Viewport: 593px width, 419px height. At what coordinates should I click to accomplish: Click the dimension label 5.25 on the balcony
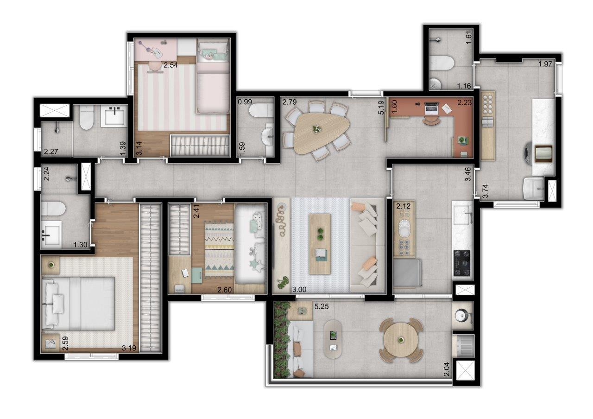[x=322, y=306]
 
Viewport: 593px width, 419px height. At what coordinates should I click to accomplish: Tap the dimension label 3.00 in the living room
[x=299, y=290]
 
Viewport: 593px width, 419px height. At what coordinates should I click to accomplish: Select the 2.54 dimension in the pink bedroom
[x=170, y=65]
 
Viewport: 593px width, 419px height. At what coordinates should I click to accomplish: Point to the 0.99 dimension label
[x=245, y=102]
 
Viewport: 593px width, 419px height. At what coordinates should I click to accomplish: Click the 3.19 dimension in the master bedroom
[x=129, y=348]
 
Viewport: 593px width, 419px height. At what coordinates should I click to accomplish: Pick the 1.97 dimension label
[x=545, y=64]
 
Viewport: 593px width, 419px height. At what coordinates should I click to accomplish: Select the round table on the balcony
[x=401, y=340]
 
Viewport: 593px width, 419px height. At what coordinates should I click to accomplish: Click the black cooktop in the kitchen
[x=462, y=263]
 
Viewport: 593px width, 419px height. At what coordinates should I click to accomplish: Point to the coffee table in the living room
[x=320, y=244]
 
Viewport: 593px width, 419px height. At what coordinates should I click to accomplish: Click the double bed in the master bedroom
[x=78, y=304]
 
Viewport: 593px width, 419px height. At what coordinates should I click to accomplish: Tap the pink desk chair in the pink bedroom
[x=153, y=66]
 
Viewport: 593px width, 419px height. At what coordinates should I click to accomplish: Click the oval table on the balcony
[x=333, y=339]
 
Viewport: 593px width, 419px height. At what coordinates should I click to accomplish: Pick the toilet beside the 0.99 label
[x=260, y=112]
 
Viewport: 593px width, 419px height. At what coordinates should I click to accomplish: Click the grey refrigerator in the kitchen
[x=407, y=273]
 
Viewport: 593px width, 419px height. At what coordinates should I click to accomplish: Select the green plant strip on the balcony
[x=282, y=340]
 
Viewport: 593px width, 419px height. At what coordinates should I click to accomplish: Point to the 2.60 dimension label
[x=224, y=290]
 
